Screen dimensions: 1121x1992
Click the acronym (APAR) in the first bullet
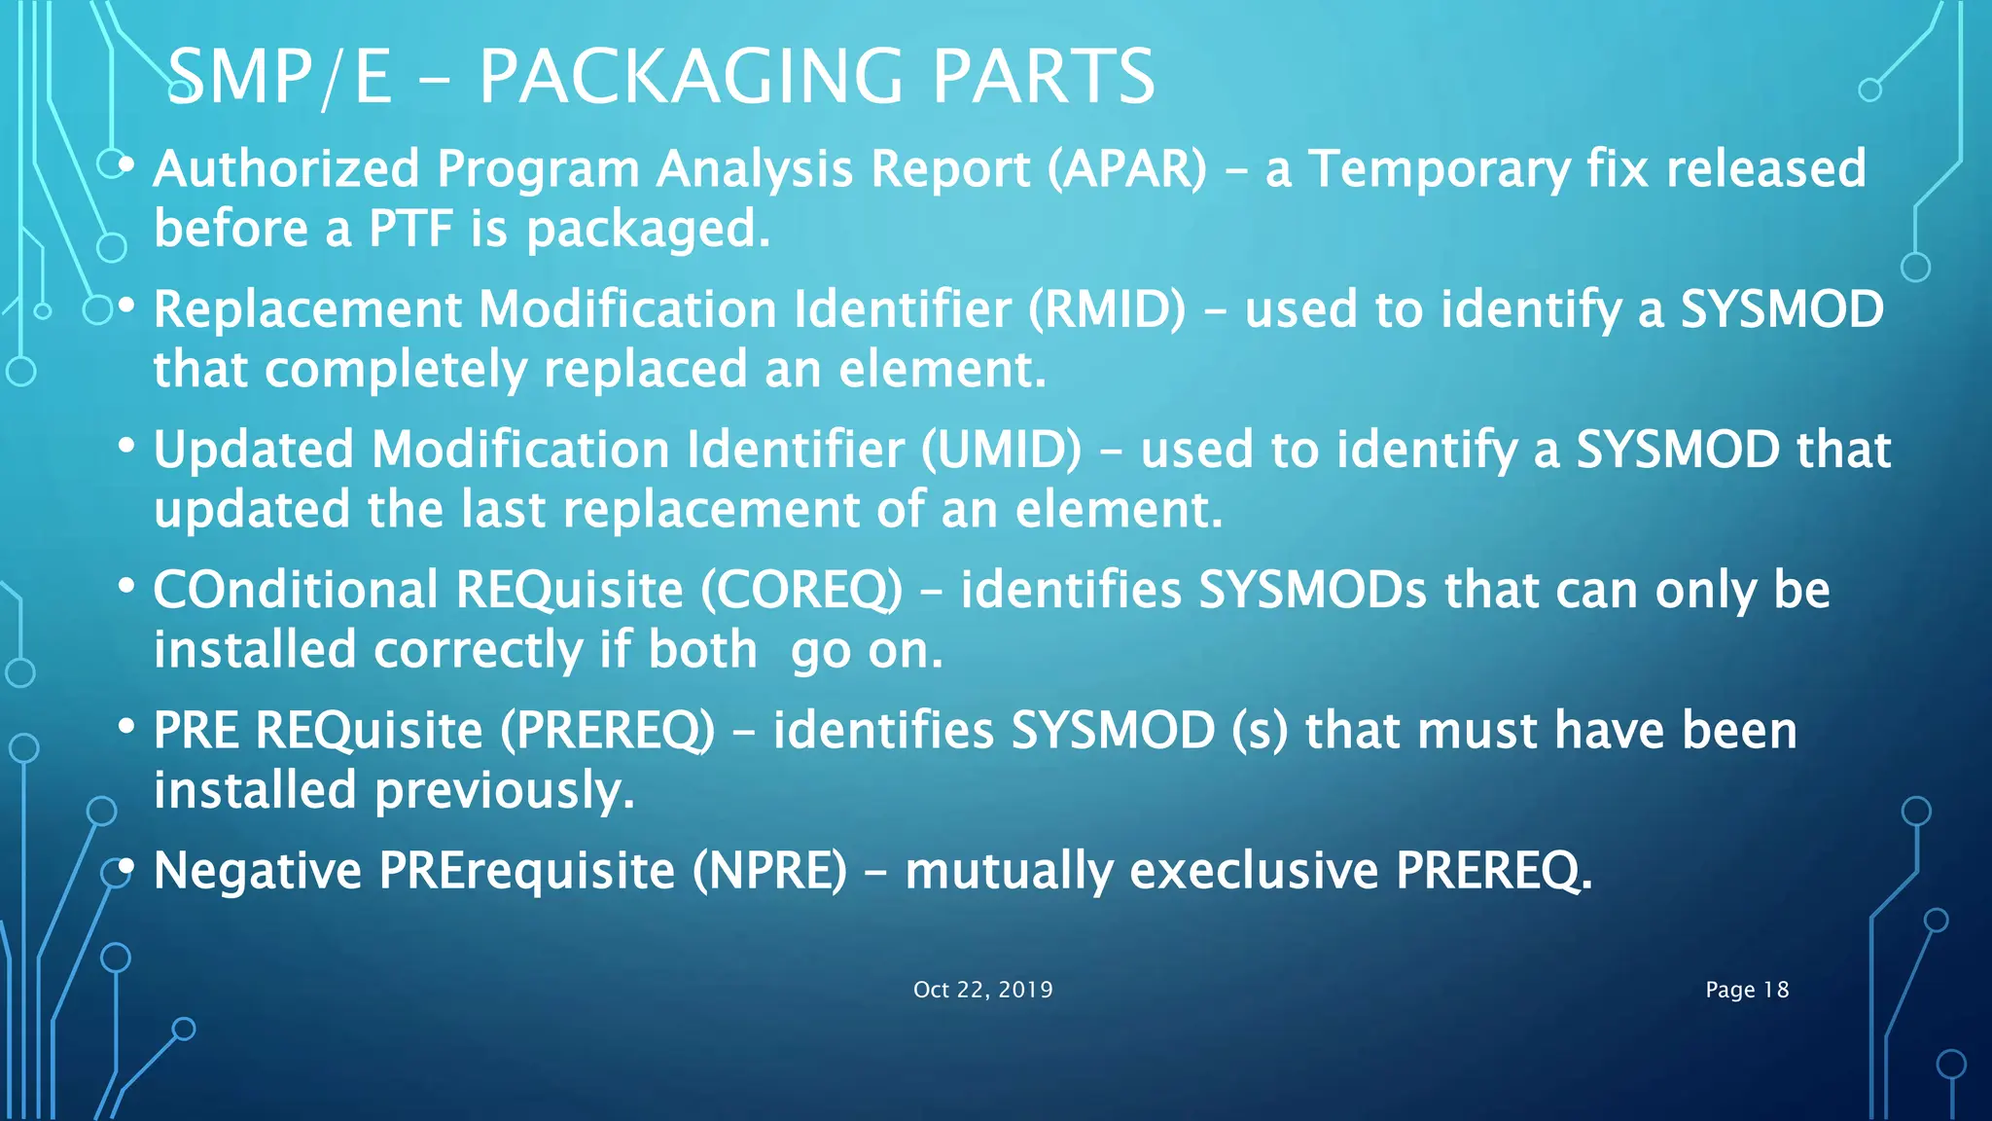pos(1127,168)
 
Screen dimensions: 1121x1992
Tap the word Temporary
pos(1439,168)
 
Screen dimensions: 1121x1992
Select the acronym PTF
pos(410,229)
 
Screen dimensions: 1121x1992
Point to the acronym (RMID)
pos(1107,309)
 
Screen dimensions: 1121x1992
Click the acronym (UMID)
pos(1001,450)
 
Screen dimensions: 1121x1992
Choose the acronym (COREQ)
pos(801,590)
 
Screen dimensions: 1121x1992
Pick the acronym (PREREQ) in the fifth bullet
pos(608,730)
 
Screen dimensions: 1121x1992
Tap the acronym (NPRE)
pos(769,870)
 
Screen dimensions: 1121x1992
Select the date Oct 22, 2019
pos(982,990)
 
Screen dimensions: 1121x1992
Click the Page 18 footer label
pos(1747,990)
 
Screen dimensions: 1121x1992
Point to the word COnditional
pos(296,590)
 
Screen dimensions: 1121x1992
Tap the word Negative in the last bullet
pos(258,870)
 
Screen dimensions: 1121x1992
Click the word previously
pos(505,790)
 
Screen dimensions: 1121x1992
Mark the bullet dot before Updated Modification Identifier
pos(125,447)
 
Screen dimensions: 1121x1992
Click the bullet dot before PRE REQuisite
pos(125,727)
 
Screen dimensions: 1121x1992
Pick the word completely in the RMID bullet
pos(396,370)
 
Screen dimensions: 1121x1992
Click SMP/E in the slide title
pos(280,77)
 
